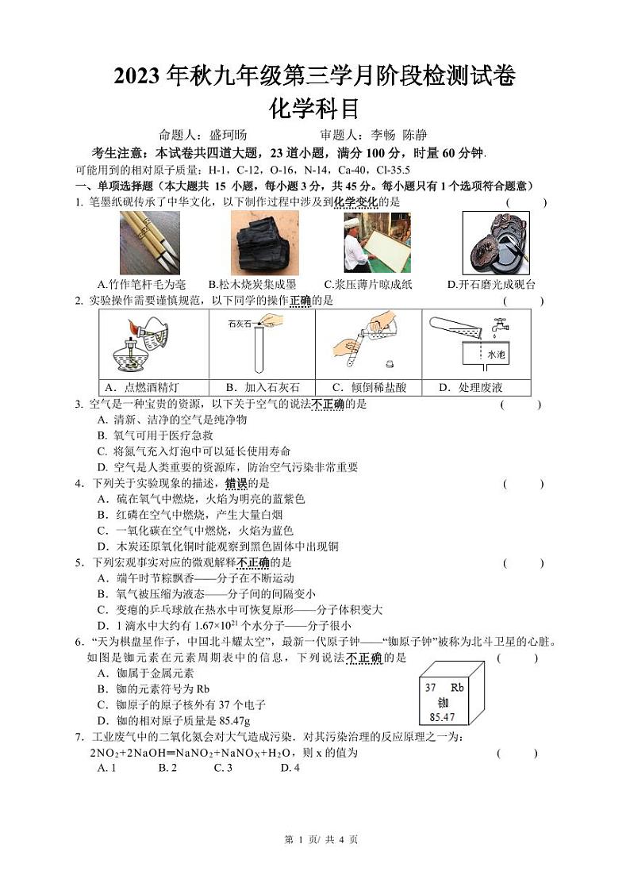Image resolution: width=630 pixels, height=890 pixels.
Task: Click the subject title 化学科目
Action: tap(315, 106)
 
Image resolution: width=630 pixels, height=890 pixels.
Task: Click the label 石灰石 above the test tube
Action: tap(240, 324)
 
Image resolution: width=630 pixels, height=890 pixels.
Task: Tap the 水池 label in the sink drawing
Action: tap(496, 355)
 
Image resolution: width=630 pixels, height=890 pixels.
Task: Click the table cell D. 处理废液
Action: tap(477, 388)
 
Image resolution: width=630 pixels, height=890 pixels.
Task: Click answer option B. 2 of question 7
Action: tap(167, 768)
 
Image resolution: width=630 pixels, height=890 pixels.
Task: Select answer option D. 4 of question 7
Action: tap(290, 768)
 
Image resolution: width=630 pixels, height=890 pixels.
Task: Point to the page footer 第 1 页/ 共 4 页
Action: tap(316, 862)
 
